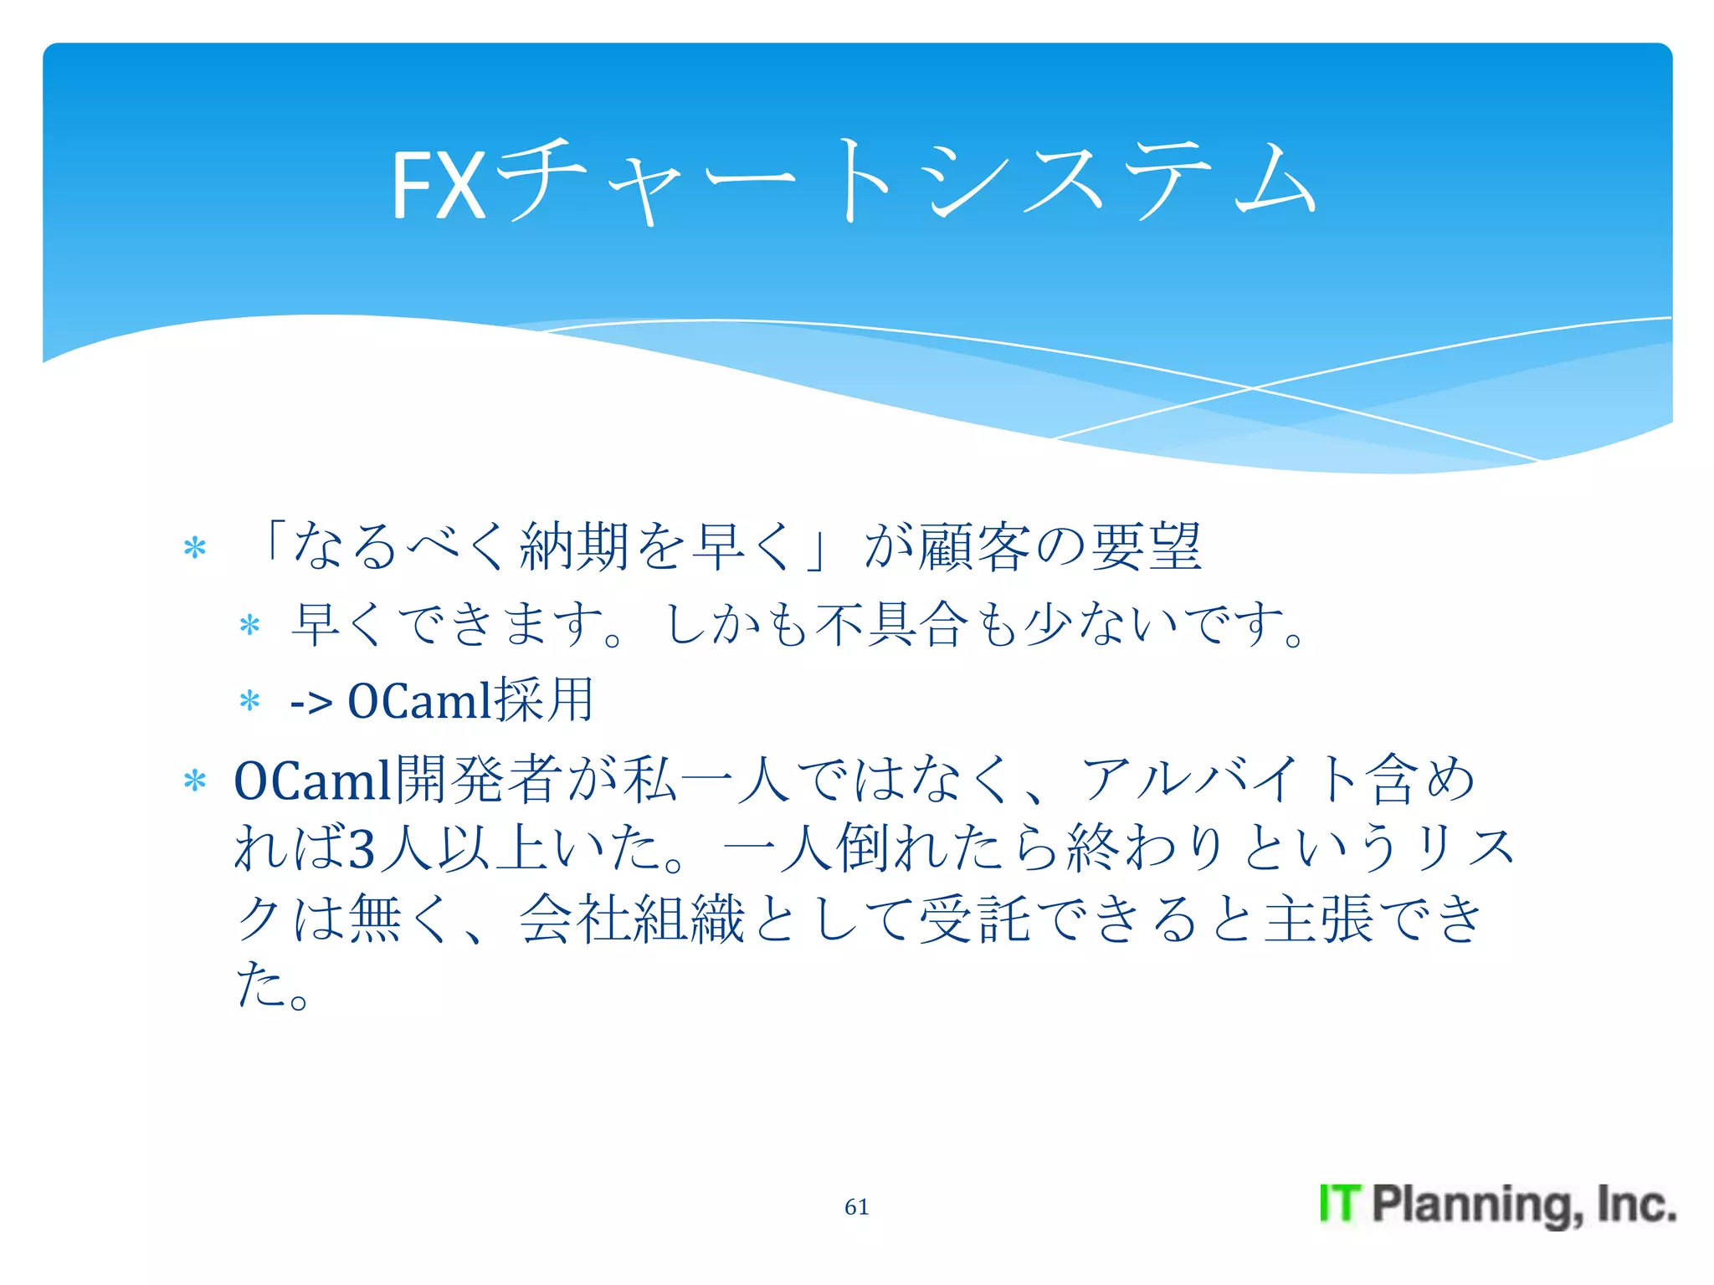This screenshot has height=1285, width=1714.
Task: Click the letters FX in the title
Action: click(439, 186)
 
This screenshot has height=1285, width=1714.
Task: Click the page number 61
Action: click(856, 1206)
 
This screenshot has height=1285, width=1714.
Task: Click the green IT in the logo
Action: click(1340, 1204)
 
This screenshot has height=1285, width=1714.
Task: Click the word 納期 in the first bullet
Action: click(574, 546)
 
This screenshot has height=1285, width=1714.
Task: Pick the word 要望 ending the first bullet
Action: click(1147, 546)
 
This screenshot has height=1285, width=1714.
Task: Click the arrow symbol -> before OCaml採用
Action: click(310, 702)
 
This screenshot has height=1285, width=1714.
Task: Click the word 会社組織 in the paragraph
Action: click(632, 919)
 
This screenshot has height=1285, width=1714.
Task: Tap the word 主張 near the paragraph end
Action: click(1318, 919)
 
